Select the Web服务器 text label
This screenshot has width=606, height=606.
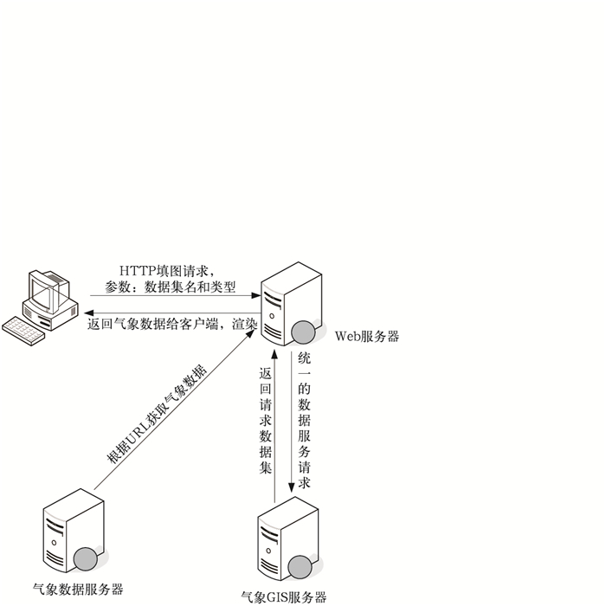pyautogui.click(x=367, y=337)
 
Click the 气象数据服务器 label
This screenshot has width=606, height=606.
pyautogui.click(x=78, y=590)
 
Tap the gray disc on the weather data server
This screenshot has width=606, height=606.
pyautogui.click(x=86, y=558)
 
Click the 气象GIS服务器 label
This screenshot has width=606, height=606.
pyautogui.click(x=283, y=596)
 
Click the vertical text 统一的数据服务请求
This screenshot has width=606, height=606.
pyautogui.click(x=304, y=420)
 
